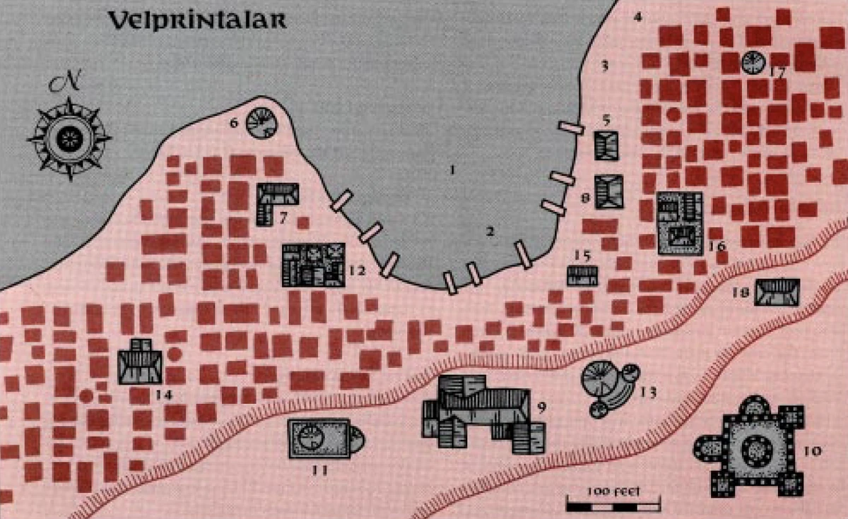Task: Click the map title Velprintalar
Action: pos(196,20)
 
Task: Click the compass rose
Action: pos(69,138)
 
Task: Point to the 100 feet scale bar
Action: pos(613,503)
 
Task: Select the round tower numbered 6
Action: pos(260,124)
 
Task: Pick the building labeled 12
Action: pos(313,265)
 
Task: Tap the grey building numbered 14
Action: pos(140,363)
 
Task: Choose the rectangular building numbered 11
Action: pos(319,439)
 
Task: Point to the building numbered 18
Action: pos(776,292)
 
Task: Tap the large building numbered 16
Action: pos(680,223)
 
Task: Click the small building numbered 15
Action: pos(582,275)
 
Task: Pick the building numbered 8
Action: pos(608,191)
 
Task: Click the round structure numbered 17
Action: pos(753,63)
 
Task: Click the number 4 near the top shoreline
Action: pos(638,16)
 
